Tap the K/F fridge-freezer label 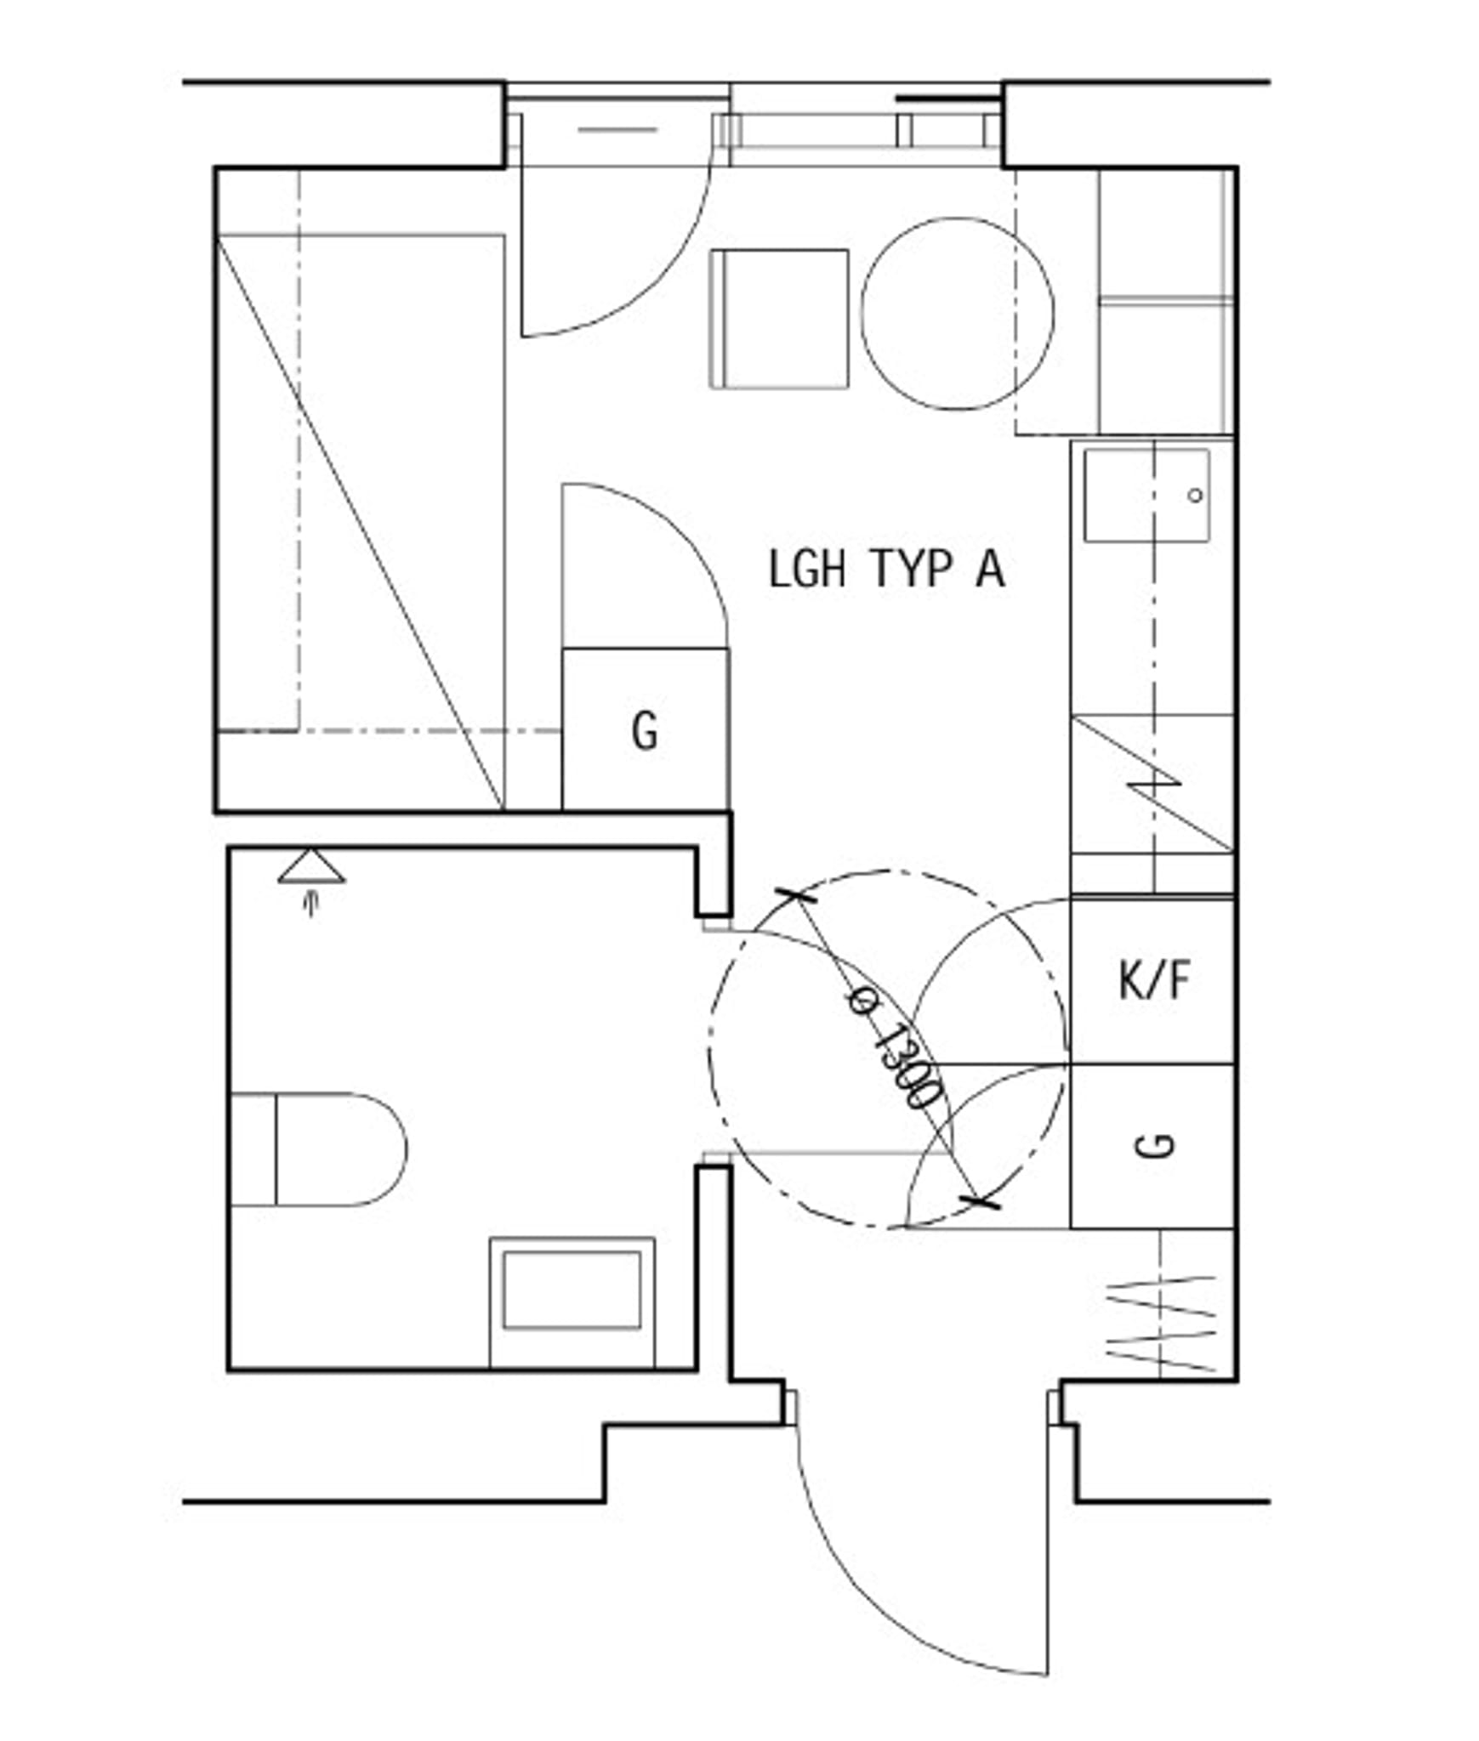[1153, 980]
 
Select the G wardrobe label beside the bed [645, 730]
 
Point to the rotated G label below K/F [1154, 1145]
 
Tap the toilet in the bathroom [319, 1149]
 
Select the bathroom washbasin [572, 1303]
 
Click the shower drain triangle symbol [311, 866]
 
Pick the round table [958, 314]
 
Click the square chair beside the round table [779, 319]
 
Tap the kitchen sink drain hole [1195, 495]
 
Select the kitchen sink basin [1146, 496]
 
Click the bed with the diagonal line [361, 523]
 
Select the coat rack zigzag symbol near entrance [1161, 1324]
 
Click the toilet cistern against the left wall [253, 1149]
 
